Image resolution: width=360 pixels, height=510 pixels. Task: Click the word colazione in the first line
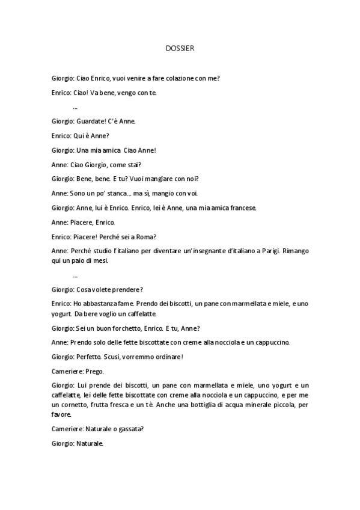click(x=178, y=78)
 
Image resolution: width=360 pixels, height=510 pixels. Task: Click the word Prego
click(x=95, y=371)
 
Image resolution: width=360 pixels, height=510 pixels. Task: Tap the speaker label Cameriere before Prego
click(x=66, y=371)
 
